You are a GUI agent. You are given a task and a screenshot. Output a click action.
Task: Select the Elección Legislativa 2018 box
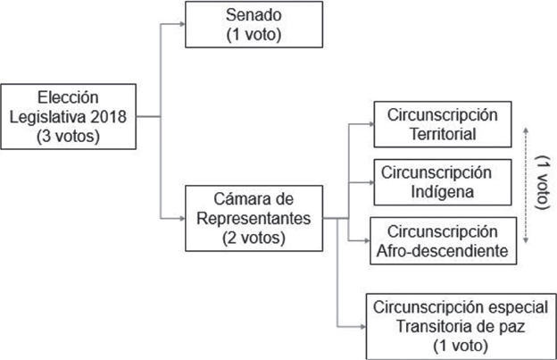(69, 116)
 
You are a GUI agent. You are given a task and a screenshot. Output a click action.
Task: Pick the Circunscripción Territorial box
(442, 126)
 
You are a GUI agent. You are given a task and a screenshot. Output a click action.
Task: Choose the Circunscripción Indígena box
(442, 181)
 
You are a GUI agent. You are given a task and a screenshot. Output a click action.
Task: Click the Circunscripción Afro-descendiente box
(442, 240)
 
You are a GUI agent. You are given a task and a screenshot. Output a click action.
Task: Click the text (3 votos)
(69, 137)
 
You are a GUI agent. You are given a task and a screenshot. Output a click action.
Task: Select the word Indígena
(442, 190)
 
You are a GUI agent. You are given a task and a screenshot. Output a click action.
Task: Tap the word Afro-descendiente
(442, 249)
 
